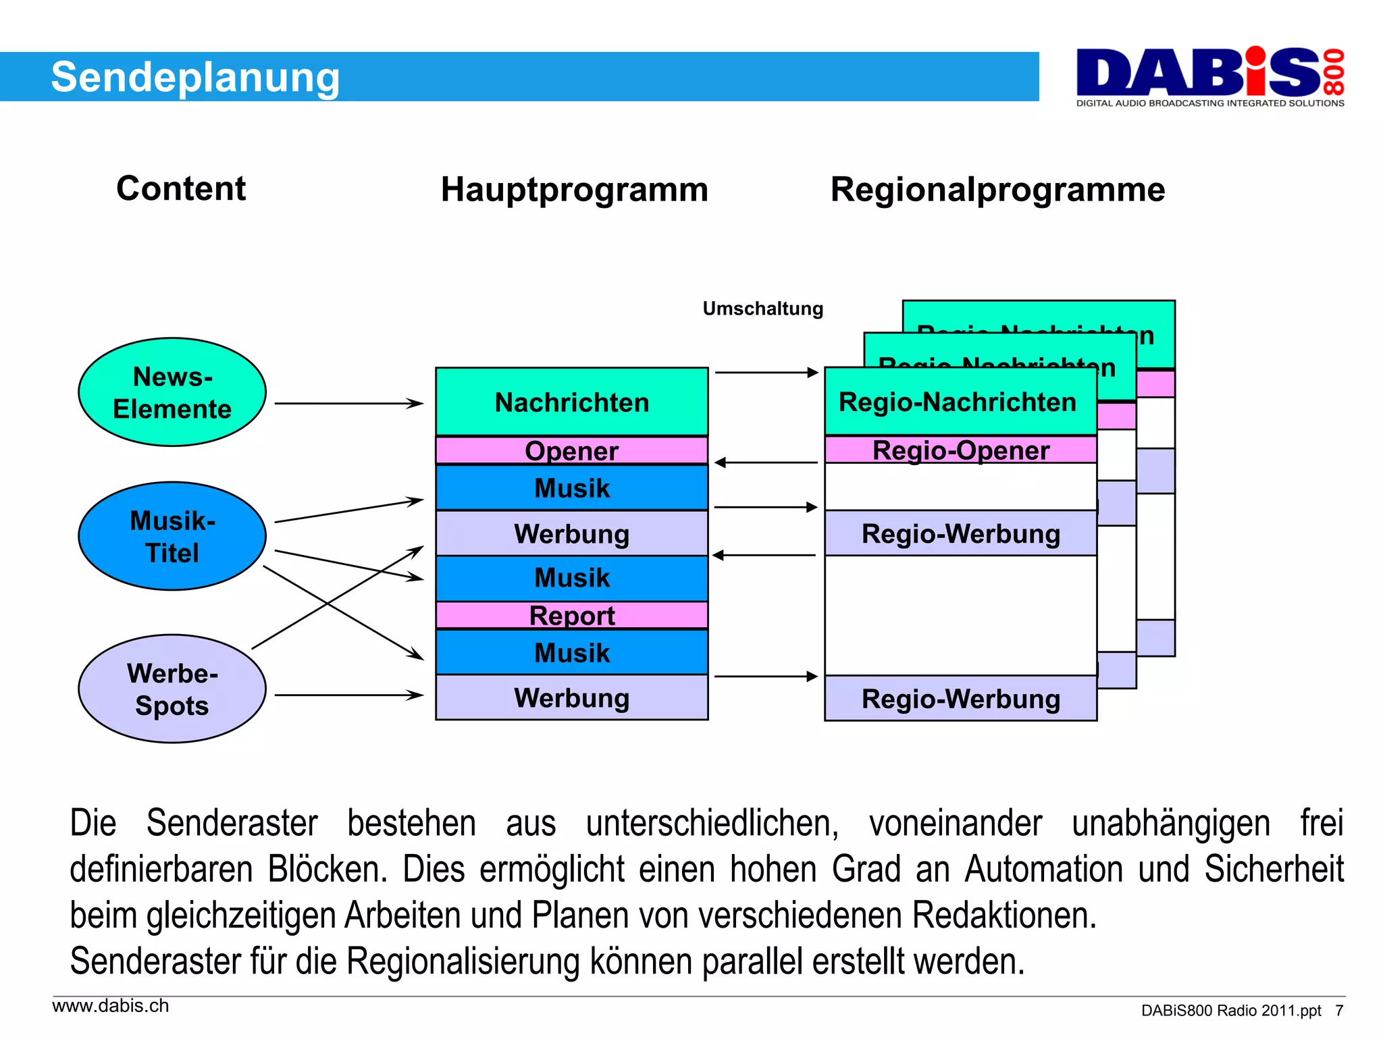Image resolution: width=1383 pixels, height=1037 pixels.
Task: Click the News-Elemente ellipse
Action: pyautogui.click(x=172, y=392)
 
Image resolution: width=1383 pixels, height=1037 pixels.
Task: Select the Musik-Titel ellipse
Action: pyautogui.click(x=172, y=536)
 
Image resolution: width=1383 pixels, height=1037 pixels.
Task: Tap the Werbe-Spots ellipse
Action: pyautogui.click(x=172, y=689)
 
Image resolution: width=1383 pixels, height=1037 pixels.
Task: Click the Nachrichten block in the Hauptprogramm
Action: pyautogui.click(x=571, y=402)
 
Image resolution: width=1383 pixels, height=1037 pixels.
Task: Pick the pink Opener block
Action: pyautogui.click(x=571, y=450)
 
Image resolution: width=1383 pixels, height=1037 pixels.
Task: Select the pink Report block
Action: pyautogui.click(x=571, y=615)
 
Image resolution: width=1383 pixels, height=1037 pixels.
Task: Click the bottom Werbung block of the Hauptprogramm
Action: pyautogui.click(x=571, y=697)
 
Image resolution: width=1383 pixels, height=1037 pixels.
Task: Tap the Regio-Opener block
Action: pyautogui.click(x=960, y=450)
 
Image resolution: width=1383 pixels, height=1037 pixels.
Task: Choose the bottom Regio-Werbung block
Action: pyautogui.click(x=960, y=699)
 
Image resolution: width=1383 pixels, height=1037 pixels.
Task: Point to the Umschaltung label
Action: pyautogui.click(x=762, y=309)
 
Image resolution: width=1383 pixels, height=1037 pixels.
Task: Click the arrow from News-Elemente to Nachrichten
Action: pyautogui.click(x=348, y=404)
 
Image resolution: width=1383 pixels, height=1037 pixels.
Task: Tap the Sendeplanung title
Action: pyautogui.click(x=195, y=77)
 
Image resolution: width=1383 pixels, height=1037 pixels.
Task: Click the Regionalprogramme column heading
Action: pyautogui.click(x=997, y=189)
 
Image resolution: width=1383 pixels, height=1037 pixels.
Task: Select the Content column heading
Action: pyautogui.click(x=181, y=188)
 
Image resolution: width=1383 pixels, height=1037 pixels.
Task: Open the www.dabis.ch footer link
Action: pyautogui.click(x=111, y=1006)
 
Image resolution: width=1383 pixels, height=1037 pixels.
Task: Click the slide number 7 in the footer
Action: pyautogui.click(x=1338, y=1011)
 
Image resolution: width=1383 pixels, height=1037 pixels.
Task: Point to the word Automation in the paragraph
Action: pyautogui.click(x=1043, y=870)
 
